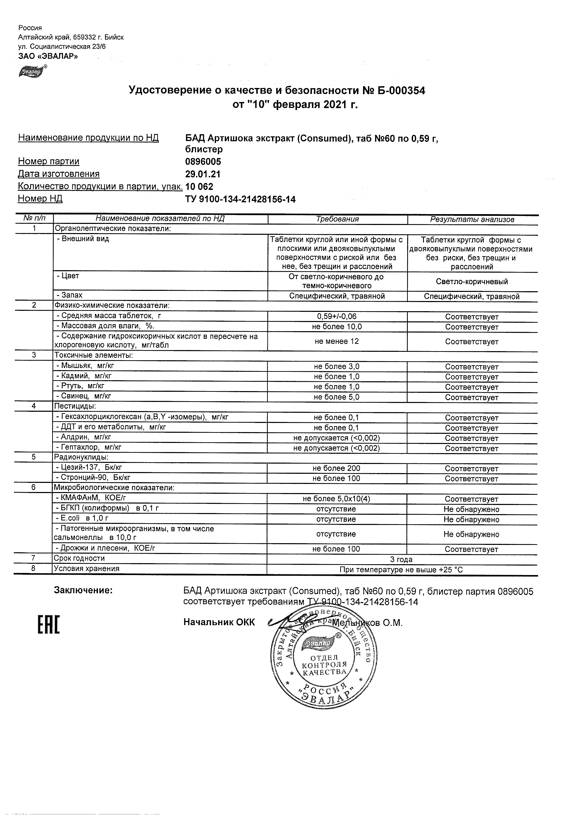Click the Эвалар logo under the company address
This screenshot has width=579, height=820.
tap(32, 72)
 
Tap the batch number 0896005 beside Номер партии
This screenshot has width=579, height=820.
tap(203, 162)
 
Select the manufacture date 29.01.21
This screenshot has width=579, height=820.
tap(203, 174)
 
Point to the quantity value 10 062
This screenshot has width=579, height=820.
tap(199, 187)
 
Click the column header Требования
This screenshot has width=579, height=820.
tap(337, 219)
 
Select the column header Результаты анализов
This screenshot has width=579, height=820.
tap(472, 220)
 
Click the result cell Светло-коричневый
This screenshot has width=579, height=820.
tap(472, 282)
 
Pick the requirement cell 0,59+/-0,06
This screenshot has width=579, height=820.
tap(336, 316)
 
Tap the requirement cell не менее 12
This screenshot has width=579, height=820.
tap(336, 341)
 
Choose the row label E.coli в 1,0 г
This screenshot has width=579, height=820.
tap(82, 518)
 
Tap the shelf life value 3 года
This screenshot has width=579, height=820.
tap(402, 560)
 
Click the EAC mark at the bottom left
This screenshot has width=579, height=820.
tap(49, 625)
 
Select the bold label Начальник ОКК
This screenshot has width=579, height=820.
tap(219, 622)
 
